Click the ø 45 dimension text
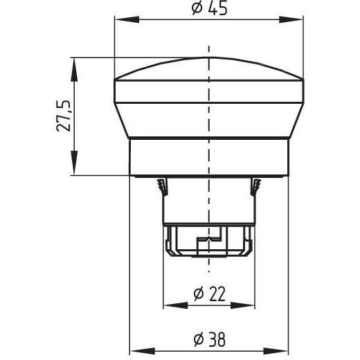pyautogui.click(x=210, y=8)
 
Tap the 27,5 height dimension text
pyautogui.click(x=64, y=116)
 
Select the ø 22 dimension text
pyautogui.click(x=210, y=294)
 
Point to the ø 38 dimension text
pyautogui.click(x=210, y=339)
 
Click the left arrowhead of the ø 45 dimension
pyautogui.click(x=127, y=19)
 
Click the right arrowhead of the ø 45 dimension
pyautogui.click(x=291, y=19)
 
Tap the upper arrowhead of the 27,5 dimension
pyautogui.click(x=74, y=69)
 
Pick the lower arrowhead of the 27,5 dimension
pyautogui.click(x=74, y=163)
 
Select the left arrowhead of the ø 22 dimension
pyautogui.click(x=175, y=305)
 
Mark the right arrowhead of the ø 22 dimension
pyautogui.click(x=242, y=305)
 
